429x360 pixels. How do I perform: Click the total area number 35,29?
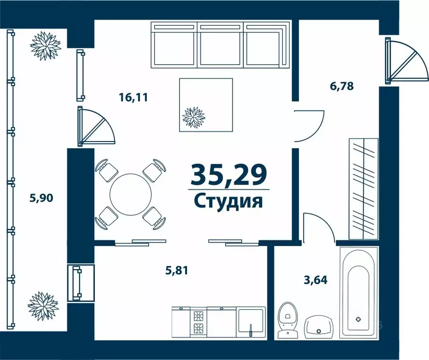pyautogui.click(x=228, y=175)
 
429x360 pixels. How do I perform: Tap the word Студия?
pyautogui.click(x=228, y=202)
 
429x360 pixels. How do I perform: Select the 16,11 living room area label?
pyautogui.click(x=133, y=97)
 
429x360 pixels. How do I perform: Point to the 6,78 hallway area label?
pyautogui.click(x=341, y=86)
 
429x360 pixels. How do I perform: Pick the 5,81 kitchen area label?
pyautogui.click(x=176, y=270)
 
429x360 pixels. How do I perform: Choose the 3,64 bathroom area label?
pyautogui.click(x=316, y=280)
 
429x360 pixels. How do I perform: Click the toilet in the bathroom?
pyautogui.click(x=287, y=320)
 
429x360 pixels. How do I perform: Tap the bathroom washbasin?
pyautogui.click(x=318, y=327)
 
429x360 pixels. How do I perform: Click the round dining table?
pyautogui.click(x=130, y=194)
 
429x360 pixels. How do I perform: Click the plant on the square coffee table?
pyautogui.click(x=194, y=117)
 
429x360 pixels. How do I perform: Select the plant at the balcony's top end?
pyautogui.click(x=45, y=45)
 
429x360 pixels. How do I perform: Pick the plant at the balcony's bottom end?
pyautogui.click(x=43, y=306)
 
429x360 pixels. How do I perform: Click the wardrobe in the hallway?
pyautogui.click(x=364, y=189)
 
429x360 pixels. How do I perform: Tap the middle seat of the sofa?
pyautogui.click(x=220, y=45)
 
